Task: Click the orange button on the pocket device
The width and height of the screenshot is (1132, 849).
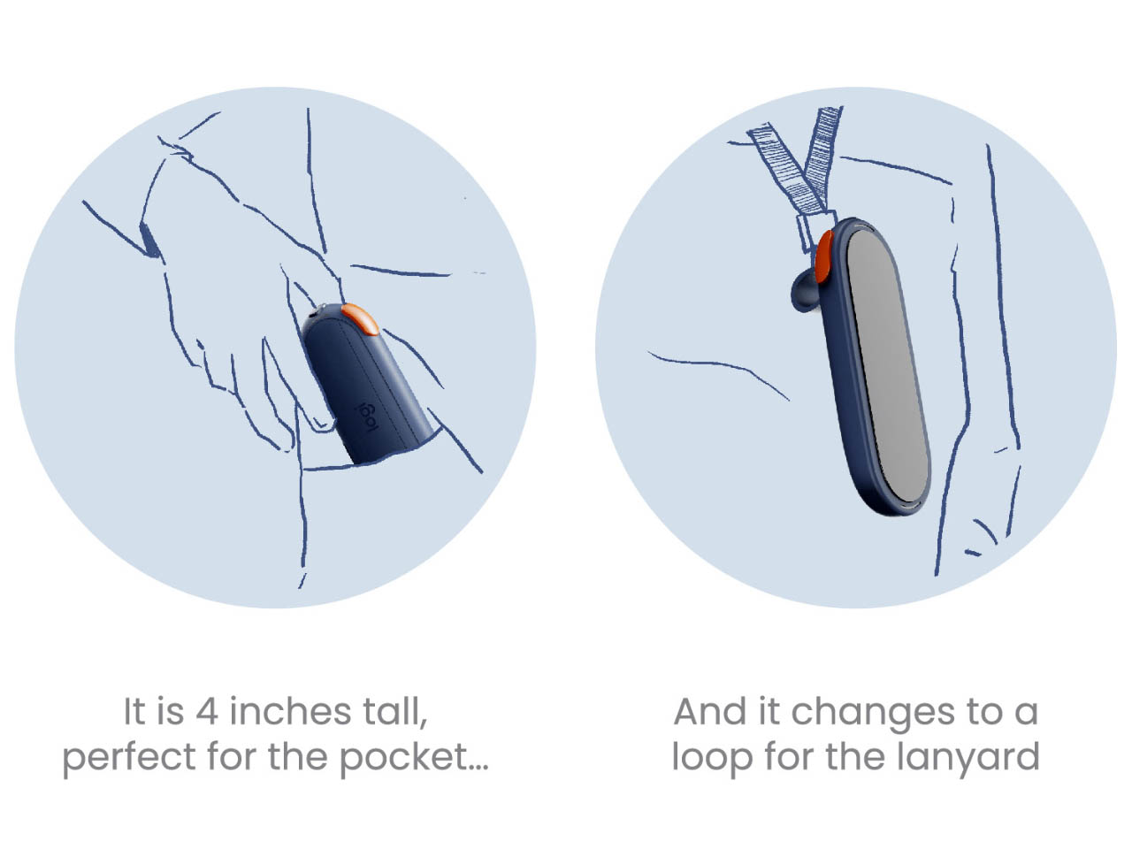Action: point(361,317)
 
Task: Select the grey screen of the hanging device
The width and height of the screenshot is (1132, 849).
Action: point(888,366)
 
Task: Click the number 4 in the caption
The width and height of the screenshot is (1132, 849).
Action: point(207,712)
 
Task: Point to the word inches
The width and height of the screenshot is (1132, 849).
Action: point(291,711)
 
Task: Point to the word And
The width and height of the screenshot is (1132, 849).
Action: point(710,712)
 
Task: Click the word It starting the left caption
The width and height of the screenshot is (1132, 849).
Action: point(134,712)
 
